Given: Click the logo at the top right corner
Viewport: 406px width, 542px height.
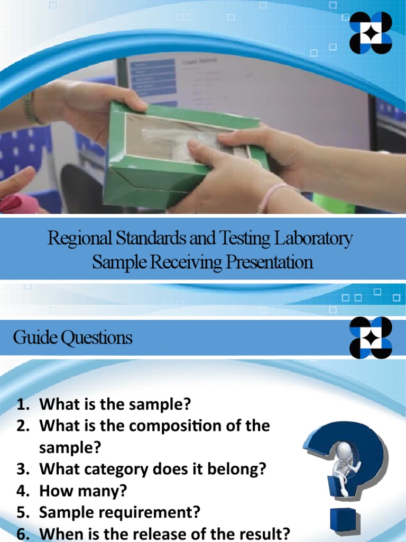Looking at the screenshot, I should pyautogui.click(x=371, y=33).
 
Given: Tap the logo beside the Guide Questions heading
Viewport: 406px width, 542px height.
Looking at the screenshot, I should pyautogui.click(x=371, y=338).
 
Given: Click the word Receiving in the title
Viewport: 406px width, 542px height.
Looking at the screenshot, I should pyautogui.click(x=183, y=263).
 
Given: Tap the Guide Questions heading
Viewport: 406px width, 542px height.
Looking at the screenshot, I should pyautogui.click(x=73, y=338).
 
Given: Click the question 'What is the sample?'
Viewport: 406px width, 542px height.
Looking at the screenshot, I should pyautogui.click(x=115, y=405).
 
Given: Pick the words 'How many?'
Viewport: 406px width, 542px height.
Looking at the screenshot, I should pyautogui.click(x=83, y=491).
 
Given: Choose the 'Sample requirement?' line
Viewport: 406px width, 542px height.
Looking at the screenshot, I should pyautogui.click(x=119, y=513).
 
